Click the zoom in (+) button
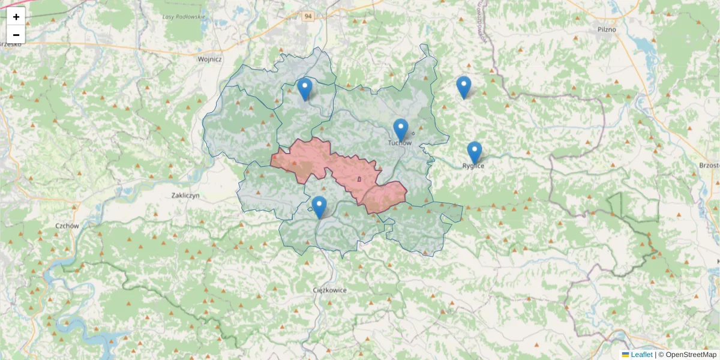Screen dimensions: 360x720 (16, 17)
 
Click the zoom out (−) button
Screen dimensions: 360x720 (16, 35)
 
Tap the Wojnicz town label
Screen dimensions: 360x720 (210, 59)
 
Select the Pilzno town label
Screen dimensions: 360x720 (607, 29)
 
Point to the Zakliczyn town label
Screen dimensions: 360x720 (185, 196)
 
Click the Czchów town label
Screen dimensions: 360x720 (67, 226)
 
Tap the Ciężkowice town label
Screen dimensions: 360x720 (330, 290)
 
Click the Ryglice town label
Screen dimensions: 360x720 (473, 166)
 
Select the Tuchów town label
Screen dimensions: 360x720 (400, 143)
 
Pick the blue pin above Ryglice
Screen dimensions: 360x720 (475, 152)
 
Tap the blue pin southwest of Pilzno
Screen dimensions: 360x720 (463, 86)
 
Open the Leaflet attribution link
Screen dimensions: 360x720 (641, 355)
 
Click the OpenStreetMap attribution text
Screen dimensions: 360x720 (691, 355)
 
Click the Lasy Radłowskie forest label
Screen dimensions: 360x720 (184, 17)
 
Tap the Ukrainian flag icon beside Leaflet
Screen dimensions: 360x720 (626, 355)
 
